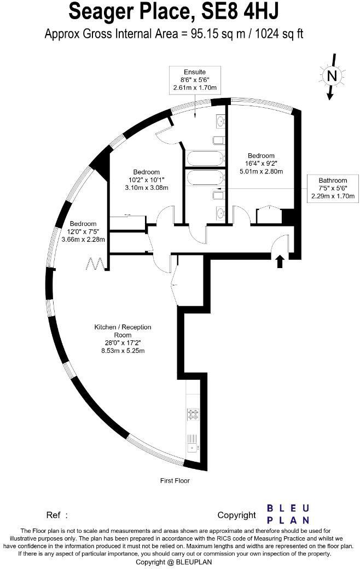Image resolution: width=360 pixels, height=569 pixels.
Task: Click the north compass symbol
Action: click(331, 77)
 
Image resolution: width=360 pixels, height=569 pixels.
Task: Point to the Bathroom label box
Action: click(333, 188)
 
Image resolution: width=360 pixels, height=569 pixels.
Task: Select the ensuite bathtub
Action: click(205, 158)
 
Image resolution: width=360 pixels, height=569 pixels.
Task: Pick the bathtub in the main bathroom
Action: click(205, 178)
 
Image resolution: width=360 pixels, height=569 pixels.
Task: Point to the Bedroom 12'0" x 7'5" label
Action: click(83, 231)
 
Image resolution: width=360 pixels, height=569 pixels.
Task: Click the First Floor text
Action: click(175, 481)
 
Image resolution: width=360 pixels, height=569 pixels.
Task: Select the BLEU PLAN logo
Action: click(288, 514)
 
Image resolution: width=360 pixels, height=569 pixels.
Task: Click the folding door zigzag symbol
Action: click(96, 264)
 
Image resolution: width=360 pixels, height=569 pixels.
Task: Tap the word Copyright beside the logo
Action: click(236, 515)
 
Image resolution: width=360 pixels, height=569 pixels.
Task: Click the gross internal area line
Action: click(173, 34)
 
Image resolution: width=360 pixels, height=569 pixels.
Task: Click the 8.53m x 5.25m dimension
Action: click(123, 351)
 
